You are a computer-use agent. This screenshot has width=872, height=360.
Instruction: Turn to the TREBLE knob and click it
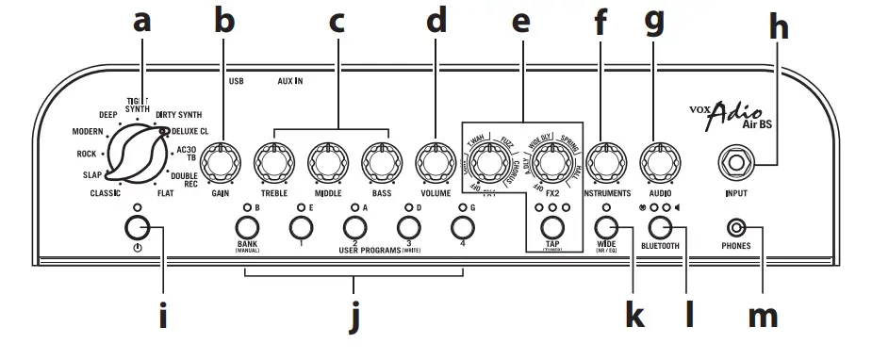[273, 161]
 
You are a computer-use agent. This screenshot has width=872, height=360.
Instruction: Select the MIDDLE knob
[327, 161]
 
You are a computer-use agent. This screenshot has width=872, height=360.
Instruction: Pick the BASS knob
[380, 161]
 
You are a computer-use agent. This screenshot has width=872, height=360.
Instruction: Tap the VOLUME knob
[435, 161]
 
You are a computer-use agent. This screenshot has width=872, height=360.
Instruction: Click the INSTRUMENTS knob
[605, 161]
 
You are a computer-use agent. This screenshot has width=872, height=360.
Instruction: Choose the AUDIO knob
[659, 161]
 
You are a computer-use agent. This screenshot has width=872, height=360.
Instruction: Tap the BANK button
[247, 227]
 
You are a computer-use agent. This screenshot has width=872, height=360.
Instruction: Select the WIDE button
[606, 227]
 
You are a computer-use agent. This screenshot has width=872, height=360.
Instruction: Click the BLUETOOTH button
[660, 227]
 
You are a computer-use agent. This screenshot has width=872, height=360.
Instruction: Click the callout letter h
[778, 28]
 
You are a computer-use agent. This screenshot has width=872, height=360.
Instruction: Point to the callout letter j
[354, 319]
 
